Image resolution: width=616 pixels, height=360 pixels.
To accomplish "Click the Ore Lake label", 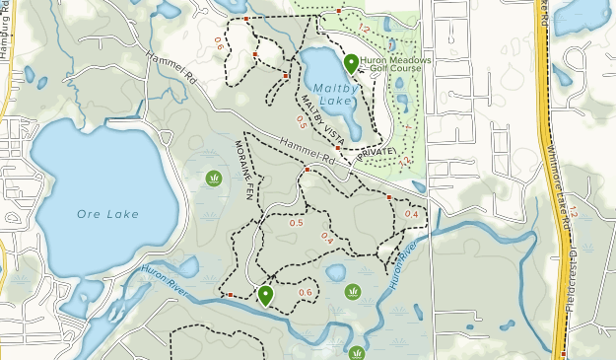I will (107, 214).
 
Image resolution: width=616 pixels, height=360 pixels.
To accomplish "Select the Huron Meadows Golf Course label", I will (395, 65).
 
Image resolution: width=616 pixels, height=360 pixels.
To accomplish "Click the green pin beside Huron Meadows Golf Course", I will (352, 63).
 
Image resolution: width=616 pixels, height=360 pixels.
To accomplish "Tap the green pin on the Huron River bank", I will (265, 294).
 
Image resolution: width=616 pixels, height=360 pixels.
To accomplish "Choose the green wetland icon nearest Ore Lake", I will (213, 178).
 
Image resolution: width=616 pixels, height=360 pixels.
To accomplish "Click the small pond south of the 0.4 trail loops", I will (335, 271).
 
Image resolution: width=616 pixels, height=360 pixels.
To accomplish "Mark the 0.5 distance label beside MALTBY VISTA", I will (302, 121).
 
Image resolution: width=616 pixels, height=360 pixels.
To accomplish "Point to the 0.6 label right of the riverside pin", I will (305, 292).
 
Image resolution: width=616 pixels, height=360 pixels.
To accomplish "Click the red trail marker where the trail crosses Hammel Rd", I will (308, 170).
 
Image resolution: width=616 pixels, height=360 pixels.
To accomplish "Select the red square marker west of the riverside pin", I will (230, 294).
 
